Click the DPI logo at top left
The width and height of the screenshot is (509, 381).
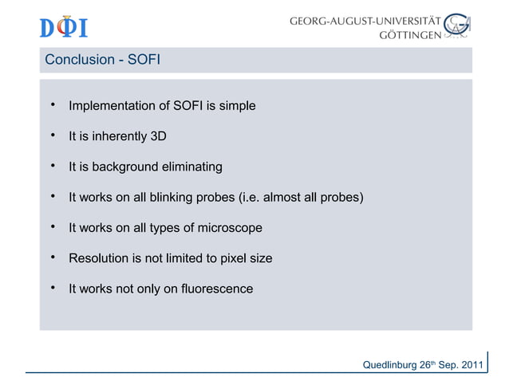(x=63, y=27)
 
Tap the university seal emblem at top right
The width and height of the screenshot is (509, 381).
(x=457, y=26)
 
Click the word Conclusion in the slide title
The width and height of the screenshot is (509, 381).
(x=77, y=60)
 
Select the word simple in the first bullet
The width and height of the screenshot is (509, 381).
(x=237, y=106)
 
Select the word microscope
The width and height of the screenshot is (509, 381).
(x=231, y=228)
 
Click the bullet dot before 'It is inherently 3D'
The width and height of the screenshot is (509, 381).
(x=51, y=136)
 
